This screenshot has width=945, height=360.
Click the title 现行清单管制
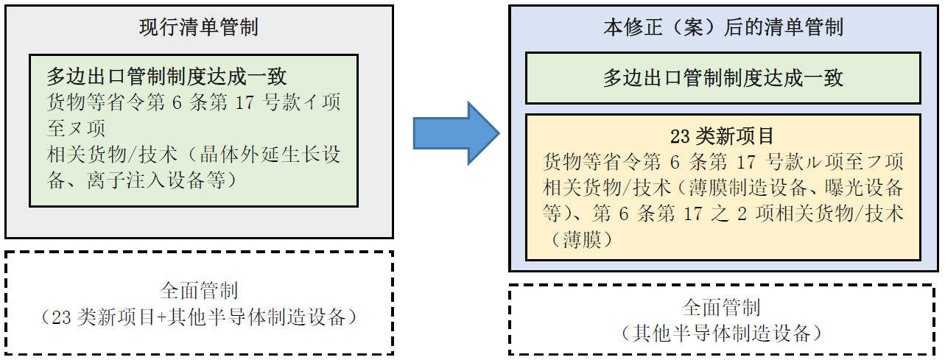pos(199,29)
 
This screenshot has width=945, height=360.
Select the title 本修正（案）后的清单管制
pos(723,29)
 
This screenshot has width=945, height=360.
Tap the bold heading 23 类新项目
pos(723,137)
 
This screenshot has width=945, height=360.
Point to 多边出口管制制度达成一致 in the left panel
pos(166,77)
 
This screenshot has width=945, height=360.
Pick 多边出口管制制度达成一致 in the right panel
pos(723,78)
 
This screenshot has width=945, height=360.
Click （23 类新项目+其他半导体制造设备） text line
pos(199,317)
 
